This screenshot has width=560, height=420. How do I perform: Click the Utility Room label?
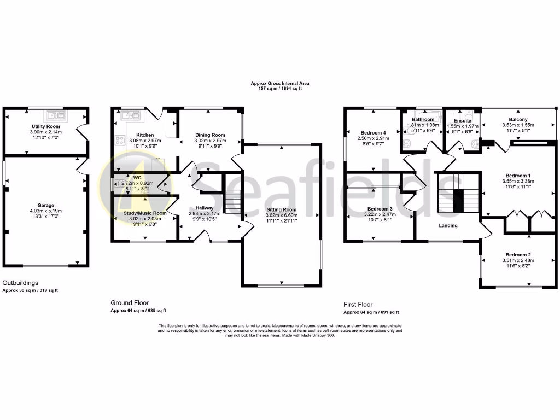click(45, 126)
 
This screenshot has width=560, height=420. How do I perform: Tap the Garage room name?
click(46, 203)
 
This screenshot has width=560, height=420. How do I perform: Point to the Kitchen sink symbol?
click(130, 115)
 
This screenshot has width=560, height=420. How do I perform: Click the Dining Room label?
click(211, 135)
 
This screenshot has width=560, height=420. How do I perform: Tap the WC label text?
click(138, 177)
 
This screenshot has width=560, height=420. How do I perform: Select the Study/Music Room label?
click(145, 213)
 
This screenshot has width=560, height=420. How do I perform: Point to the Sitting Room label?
click(281, 209)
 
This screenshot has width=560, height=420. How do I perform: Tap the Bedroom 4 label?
click(374, 133)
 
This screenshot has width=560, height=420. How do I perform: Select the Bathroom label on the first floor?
click(423, 119)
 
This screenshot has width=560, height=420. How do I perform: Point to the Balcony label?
click(517, 119)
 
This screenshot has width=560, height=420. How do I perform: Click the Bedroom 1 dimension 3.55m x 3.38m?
click(518, 181)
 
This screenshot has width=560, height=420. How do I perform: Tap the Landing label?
click(448, 225)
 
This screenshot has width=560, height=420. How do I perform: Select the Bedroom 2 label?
click(518, 255)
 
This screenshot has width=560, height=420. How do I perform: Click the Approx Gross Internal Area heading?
click(280, 84)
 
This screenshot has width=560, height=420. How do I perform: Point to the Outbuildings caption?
click(21, 283)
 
